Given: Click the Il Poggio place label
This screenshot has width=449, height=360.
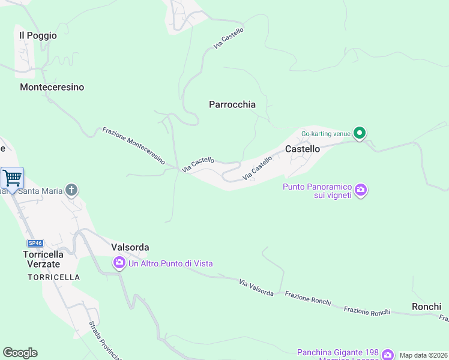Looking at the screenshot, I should [x=38, y=35].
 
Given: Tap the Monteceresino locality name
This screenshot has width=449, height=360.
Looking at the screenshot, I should [x=52, y=87].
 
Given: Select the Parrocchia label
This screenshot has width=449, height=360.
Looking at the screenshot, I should [x=232, y=104].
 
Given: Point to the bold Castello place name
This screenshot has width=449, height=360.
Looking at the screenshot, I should [x=303, y=148].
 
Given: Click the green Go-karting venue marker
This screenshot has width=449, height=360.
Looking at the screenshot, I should [x=360, y=133].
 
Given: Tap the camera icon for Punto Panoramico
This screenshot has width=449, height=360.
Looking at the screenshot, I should [x=361, y=191].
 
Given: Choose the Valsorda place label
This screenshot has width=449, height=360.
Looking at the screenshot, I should [x=130, y=247].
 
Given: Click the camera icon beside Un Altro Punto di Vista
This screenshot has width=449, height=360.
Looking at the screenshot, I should [x=119, y=263].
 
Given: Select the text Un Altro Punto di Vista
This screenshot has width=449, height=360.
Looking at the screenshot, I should [x=170, y=263].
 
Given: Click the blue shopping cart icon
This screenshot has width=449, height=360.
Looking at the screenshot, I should [x=12, y=178].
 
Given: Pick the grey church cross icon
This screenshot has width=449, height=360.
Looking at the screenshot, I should [x=71, y=191].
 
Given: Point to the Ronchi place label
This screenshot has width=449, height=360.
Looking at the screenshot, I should [x=427, y=307].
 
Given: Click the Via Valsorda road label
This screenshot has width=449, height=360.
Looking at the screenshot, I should [x=256, y=287].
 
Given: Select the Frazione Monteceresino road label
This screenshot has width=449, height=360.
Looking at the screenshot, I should [x=133, y=146].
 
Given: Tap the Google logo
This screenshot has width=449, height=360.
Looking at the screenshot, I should [x=20, y=353].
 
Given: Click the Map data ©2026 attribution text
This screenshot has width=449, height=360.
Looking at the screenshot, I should [x=423, y=355].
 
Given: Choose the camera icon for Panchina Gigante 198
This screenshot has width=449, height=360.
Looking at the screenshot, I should [x=387, y=354].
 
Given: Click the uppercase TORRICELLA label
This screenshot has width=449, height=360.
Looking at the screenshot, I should [x=53, y=277].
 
